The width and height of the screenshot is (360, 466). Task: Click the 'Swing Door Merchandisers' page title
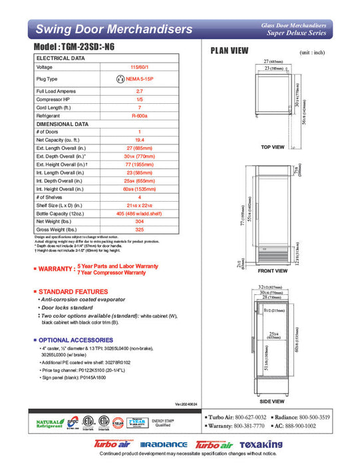click(114, 29)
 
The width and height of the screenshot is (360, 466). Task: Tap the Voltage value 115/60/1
click(140, 67)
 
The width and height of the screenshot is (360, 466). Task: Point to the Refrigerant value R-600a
click(140, 115)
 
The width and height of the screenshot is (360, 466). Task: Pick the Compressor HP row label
click(55, 99)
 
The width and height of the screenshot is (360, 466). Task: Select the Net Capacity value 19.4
click(140, 140)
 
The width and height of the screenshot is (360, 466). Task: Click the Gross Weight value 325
click(140, 230)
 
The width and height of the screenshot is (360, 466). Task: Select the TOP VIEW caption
click(272, 146)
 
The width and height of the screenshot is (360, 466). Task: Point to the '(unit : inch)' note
click(314, 52)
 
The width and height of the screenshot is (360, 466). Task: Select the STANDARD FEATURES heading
click(73, 292)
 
